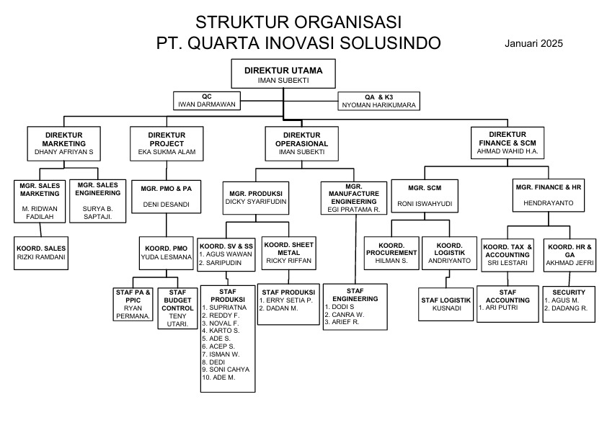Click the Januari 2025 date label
click(x=534, y=43)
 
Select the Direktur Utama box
click(x=283, y=75)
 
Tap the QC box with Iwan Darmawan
click(x=206, y=100)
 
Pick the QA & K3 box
click(x=378, y=101)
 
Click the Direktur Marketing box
click(x=64, y=144)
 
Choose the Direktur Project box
click(x=167, y=144)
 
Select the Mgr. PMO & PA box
click(x=167, y=195)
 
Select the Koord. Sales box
click(x=41, y=253)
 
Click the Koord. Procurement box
click(x=391, y=254)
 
